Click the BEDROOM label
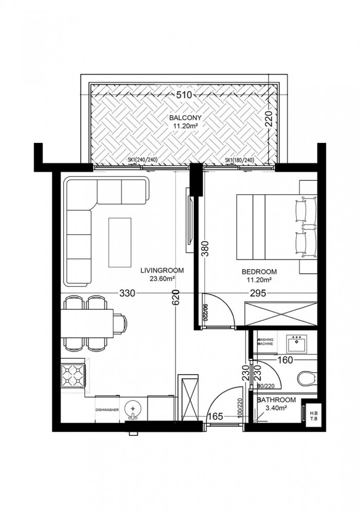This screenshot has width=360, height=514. point(259,272)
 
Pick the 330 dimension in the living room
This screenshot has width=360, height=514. point(127,294)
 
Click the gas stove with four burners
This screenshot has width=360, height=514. point(73,376)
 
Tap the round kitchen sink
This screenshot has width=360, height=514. point(134,409)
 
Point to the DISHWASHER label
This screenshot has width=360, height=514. point(107,410)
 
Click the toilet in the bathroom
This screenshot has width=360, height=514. point(307,378)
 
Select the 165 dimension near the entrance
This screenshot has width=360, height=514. point(216,417)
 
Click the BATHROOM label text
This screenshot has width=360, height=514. point(276,400)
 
